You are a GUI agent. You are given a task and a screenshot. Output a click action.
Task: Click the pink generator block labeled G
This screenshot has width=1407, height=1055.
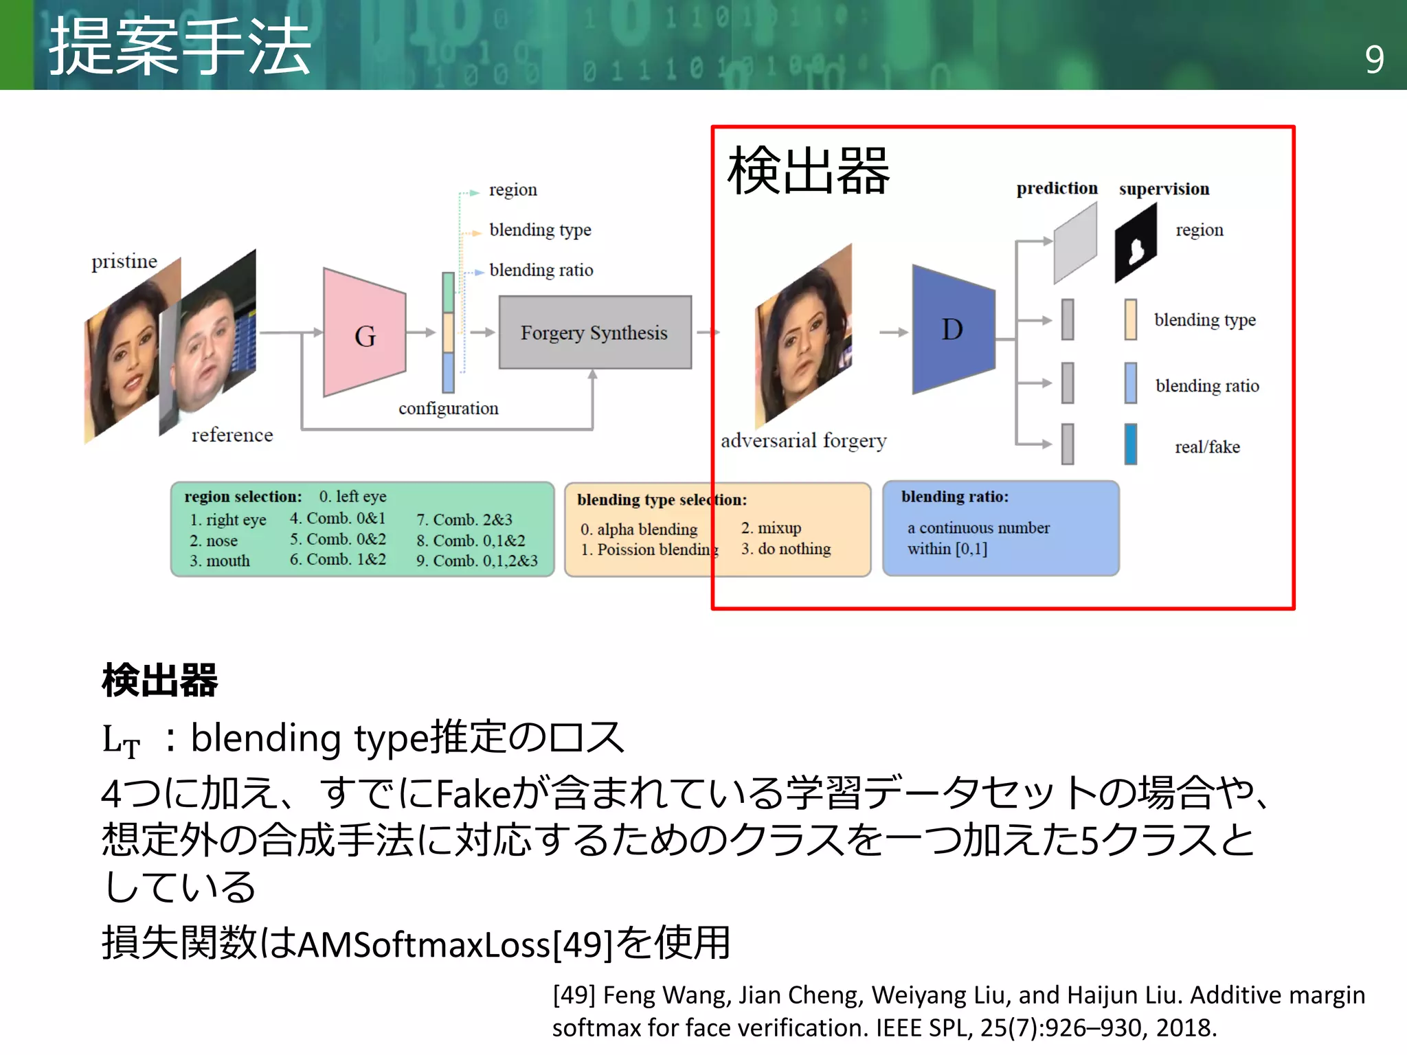click(364, 333)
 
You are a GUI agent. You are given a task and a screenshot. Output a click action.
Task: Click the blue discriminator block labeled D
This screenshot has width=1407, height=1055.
click(953, 330)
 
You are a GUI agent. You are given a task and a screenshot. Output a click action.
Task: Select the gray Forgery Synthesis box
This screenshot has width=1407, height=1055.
click(594, 332)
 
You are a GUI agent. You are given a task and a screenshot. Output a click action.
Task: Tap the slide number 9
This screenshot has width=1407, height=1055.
click(1374, 60)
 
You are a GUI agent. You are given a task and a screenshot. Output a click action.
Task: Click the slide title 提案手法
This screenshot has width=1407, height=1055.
click(180, 47)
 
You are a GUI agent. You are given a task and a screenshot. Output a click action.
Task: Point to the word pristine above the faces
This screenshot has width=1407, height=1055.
click(124, 261)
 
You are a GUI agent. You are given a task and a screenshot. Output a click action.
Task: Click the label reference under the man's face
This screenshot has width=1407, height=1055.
click(232, 435)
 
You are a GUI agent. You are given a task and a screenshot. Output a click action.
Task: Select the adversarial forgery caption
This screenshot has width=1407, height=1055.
click(803, 440)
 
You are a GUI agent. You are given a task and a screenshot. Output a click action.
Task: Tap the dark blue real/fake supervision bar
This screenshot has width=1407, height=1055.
click(1130, 444)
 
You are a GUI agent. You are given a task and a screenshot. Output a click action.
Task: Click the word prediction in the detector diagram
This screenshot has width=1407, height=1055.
click(1057, 188)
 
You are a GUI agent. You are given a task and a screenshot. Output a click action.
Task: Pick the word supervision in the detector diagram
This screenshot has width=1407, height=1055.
click(1164, 189)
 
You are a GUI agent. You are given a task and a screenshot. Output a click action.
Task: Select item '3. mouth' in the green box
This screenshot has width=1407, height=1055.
click(220, 560)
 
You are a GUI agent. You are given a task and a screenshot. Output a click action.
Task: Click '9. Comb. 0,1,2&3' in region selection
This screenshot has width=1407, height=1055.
click(477, 560)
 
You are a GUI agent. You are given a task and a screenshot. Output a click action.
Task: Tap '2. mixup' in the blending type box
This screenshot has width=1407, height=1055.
click(771, 527)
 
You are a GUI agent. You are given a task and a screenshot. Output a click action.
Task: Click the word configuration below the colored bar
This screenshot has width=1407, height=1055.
click(448, 408)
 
